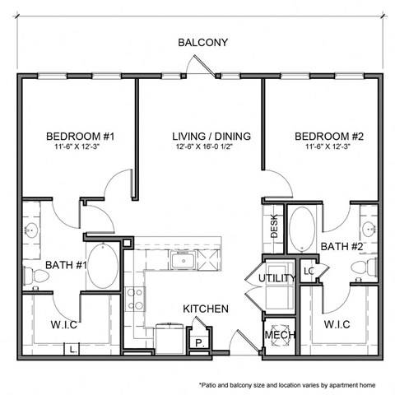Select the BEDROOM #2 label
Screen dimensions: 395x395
[x=316, y=136]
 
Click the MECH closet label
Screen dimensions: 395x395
[x=274, y=337]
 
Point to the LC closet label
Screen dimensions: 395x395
[x=309, y=270]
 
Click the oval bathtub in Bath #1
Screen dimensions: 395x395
[x=104, y=264]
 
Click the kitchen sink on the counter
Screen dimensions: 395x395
[x=182, y=262]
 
